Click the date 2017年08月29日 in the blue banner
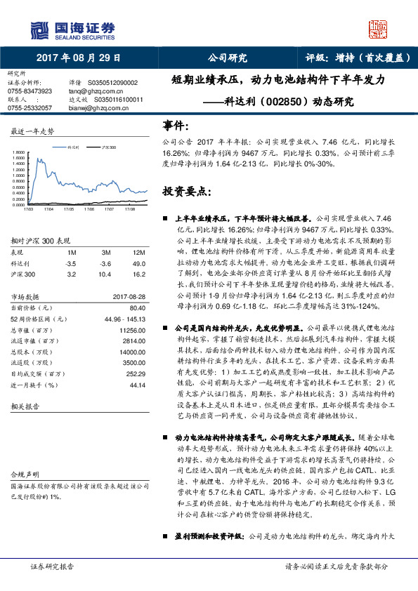79,58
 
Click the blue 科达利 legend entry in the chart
69,148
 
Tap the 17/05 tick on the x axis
69,208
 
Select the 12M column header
139,252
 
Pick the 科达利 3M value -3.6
106,263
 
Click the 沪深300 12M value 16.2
138,274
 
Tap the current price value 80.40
138,307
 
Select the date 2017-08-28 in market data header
129,296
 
